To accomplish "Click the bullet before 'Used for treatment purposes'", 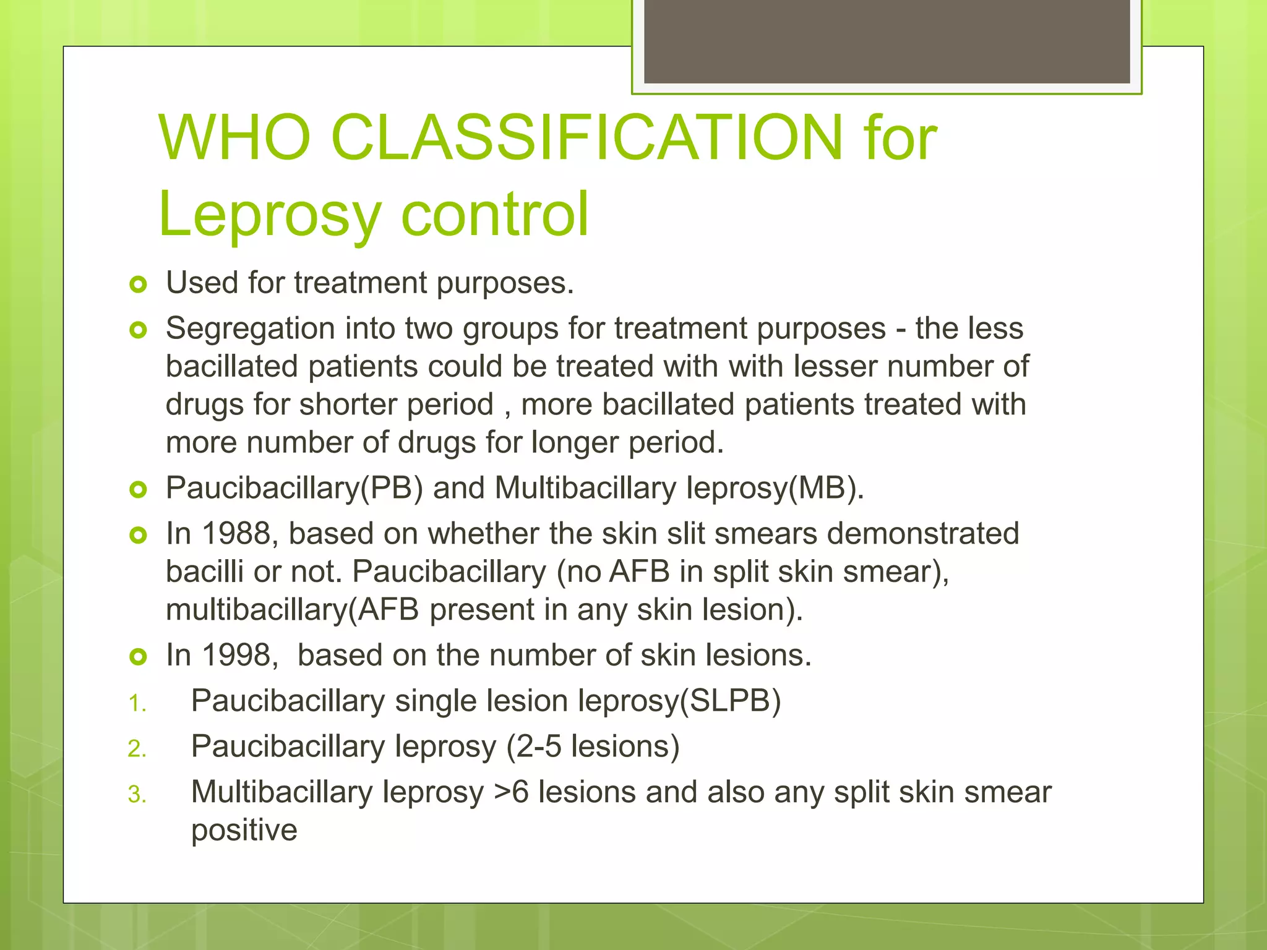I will coord(138,285).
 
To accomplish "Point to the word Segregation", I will coord(250,328).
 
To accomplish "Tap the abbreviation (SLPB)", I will coord(730,701).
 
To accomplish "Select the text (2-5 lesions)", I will coord(593,746).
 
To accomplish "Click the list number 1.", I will coord(137,704).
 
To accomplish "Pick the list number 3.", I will coord(137,795).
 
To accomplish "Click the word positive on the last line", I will coord(244,830).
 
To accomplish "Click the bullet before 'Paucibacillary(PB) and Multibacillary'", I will coord(138,490).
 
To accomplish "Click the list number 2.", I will coord(137,749).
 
